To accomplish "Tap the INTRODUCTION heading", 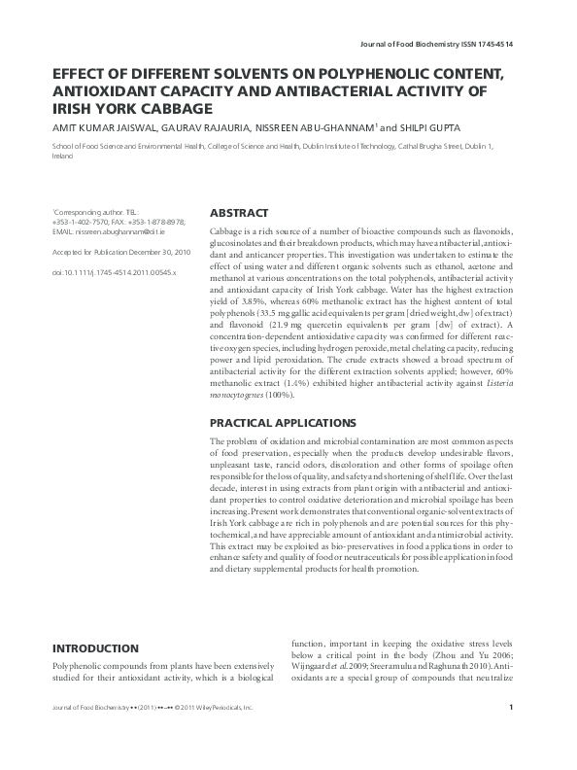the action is pyautogui.click(x=95, y=647).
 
